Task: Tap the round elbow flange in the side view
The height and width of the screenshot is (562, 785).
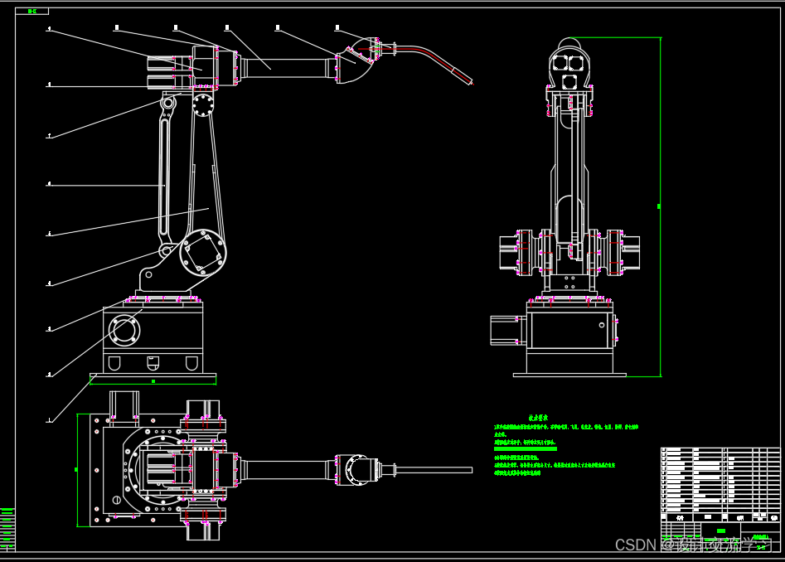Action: click(x=202, y=105)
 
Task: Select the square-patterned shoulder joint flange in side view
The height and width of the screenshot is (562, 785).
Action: click(x=202, y=252)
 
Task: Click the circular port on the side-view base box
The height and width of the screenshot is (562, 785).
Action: click(x=124, y=330)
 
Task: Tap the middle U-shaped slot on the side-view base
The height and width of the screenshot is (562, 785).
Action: click(x=153, y=361)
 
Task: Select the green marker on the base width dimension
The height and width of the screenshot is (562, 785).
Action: click(x=153, y=381)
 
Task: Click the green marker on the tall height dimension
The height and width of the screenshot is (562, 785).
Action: click(x=659, y=206)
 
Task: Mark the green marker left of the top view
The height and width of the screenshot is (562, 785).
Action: click(x=76, y=469)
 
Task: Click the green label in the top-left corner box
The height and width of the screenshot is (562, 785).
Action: click(x=32, y=11)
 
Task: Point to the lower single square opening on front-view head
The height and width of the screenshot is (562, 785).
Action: click(x=569, y=81)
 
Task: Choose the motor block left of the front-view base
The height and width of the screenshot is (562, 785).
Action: click(x=505, y=329)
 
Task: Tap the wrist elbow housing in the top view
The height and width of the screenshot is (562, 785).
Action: click(x=358, y=469)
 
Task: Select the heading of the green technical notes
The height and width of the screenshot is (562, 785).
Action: click(x=540, y=418)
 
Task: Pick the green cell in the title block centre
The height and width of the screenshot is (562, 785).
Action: click(x=721, y=531)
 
